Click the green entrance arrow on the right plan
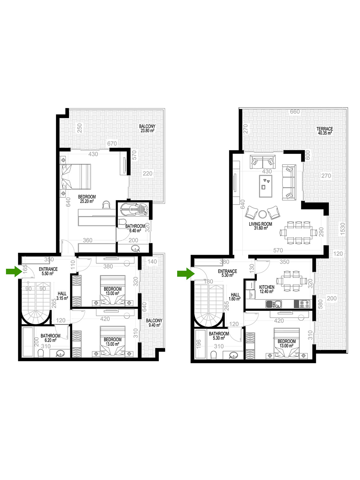coord(186,273)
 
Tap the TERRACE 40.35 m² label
coord(324,131)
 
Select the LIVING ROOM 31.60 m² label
coord(260,226)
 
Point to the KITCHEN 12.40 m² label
coord(266,289)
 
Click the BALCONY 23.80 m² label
coord(147,128)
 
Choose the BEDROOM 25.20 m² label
coord(87,199)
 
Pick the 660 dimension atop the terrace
coord(295,112)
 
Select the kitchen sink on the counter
coord(274,304)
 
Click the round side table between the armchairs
coord(262,214)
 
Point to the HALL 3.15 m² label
coord(62,296)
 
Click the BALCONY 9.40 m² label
coord(154,323)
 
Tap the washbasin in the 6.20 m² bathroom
coord(61,353)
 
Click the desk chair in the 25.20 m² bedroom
coord(106,205)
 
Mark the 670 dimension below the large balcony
coord(112,143)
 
